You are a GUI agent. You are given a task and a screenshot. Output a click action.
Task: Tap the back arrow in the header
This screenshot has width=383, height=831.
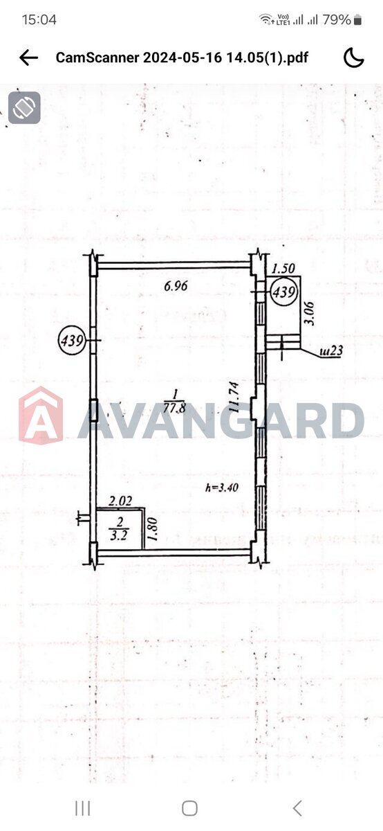coord(28,58)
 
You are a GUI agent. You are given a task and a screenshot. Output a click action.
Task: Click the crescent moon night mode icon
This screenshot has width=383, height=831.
coord(354,58)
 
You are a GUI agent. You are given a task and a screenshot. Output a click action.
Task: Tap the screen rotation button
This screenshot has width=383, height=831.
coord(24,107)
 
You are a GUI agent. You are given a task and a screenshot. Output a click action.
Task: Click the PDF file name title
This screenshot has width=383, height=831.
coord(182,58)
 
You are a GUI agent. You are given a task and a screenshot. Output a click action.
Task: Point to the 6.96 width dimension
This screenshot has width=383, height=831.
coord(176,285)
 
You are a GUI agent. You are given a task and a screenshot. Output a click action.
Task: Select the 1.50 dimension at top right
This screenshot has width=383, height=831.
coord(283,268)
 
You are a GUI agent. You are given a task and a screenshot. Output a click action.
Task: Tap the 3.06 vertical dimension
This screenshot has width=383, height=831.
coord(309,314)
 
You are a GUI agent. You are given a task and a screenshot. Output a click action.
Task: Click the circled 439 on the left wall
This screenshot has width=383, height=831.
coord(72,340)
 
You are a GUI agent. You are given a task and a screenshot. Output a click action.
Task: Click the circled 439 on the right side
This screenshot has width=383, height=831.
coord(283,292)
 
